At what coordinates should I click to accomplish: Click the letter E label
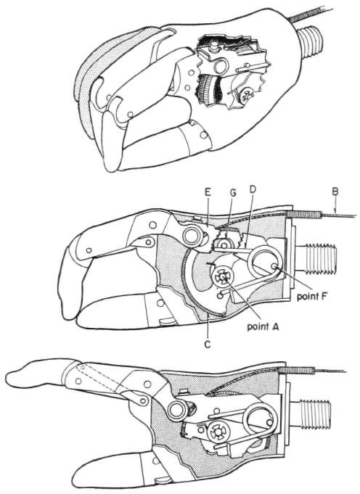point(208,192)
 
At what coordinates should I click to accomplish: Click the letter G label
point(233,192)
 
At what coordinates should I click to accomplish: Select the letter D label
point(253,189)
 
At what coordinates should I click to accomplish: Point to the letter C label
point(207,345)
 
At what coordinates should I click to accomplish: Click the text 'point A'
point(263,326)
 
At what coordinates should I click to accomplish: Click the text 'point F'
point(312,296)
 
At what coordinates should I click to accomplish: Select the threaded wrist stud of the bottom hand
point(314,415)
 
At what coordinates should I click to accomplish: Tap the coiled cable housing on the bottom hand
point(298,371)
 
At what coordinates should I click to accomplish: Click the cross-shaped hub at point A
point(223,276)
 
